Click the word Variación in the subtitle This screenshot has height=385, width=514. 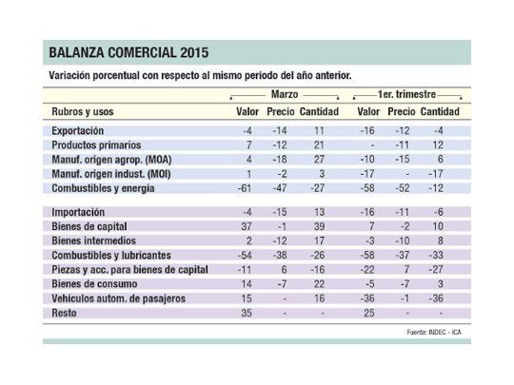pyautogui.click(x=71, y=73)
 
